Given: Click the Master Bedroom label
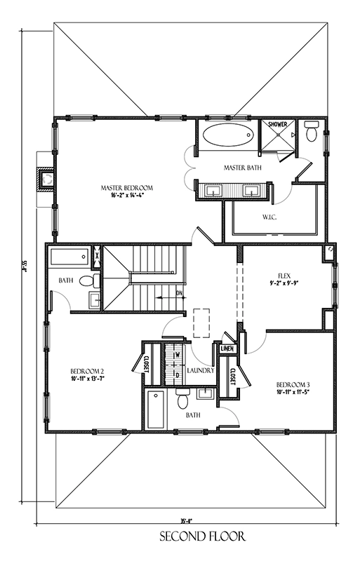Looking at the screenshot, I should pyautogui.click(x=126, y=188).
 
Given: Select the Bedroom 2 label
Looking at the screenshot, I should pyautogui.click(x=87, y=371).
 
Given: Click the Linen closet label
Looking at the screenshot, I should pyautogui.click(x=227, y=349).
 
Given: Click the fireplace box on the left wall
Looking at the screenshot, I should pyautogui.click(x=47, y=180).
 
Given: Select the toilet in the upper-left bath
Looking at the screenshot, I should pyautogui.click(x=86, y=281).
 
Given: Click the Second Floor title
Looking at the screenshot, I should pyautogui.click(x=192, y=538).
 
